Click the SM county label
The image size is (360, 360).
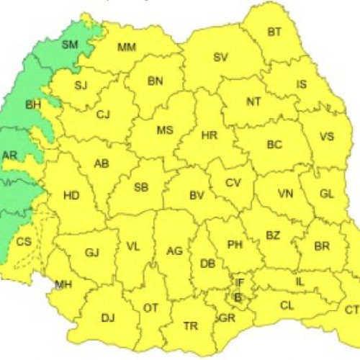[x=69, y=45]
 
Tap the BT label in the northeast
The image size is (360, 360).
[x=274, y=32]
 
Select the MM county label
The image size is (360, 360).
[x=126, y=48]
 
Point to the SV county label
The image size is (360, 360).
[x=220, y=58]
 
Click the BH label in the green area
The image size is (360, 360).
[x=32, y=105]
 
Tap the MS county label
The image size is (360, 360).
[x=166, y=130]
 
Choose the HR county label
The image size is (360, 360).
[x=209, y=135]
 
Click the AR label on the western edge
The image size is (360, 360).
[x=9, y=156]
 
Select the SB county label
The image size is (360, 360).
[x=141, y=188]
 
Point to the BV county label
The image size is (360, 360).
[x=197, y=194]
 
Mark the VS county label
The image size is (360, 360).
[x=326, y=137]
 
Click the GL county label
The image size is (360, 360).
[x=326, y=194]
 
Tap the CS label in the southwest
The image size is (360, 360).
[x=24, y=242]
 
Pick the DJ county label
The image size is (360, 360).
[x=108, y=317]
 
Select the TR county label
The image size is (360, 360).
[x=190, y=326]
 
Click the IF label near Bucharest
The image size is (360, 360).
[x=240, y=284]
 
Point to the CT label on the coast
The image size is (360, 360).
[x=351, y=310]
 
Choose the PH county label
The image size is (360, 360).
[x=235, y=245]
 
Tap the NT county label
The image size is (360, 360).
[x=253, y=102]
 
